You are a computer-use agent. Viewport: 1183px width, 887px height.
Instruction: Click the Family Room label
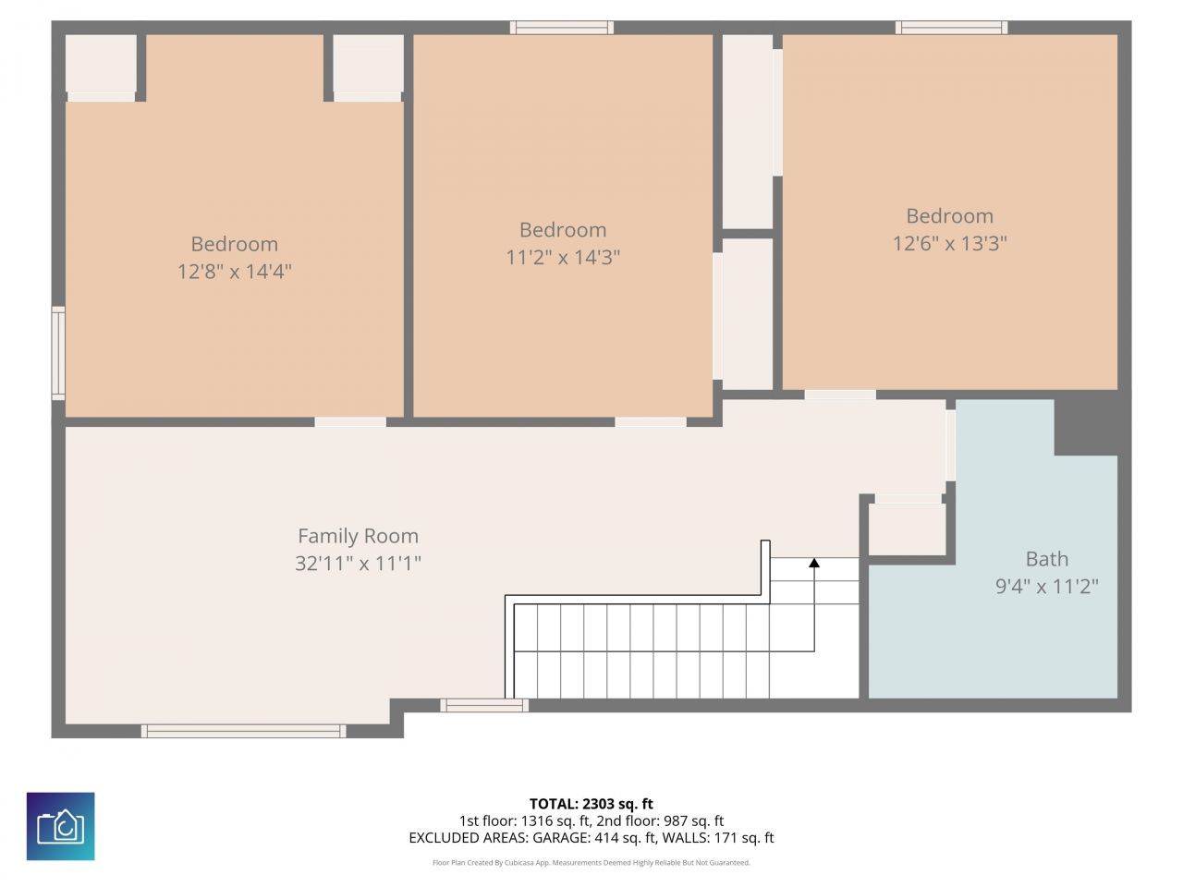[x=358, y=536]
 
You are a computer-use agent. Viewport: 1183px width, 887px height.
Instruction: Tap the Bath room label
[x=1046, y=559]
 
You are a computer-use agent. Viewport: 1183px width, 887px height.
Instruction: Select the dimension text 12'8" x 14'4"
[x=234, y=272]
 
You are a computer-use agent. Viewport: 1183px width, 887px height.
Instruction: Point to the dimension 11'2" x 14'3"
[x=562, y=258]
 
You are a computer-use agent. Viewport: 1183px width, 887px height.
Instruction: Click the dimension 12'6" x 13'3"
[x=949, y=244]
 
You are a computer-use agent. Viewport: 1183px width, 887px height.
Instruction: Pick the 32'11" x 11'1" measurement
[x=358, y=564]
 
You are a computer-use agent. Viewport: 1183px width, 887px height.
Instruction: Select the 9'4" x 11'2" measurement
[x=1046, y=587]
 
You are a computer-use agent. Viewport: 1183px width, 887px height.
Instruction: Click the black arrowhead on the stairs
[x=814, y=562]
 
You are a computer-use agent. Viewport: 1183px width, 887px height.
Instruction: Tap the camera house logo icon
[x=60, y=826]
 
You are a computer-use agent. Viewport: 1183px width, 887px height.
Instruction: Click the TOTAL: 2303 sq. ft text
[x=591, y=804]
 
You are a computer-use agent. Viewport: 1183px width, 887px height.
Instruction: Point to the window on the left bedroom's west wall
[x=58, y=353]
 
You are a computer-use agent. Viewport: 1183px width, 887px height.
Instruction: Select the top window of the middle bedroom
[x=561, y=28]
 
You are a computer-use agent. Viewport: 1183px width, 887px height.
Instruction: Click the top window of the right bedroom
[x=951, y=28]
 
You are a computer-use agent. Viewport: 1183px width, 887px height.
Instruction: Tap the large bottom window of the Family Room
[x=243, y=731]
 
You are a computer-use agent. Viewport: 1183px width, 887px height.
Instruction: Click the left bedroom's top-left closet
[x=101, y=64]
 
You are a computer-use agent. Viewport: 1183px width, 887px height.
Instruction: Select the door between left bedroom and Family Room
[x=350, y=422]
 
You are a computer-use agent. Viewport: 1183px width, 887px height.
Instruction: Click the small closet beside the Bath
[x=907, y=529]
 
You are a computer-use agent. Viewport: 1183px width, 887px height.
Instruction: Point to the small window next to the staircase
[x=484, y=705]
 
